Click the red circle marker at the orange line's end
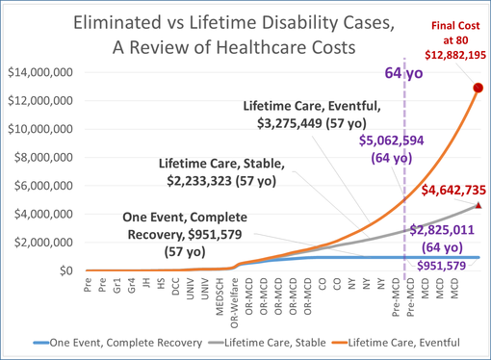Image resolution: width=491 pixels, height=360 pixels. pyautogui.click(x=478, y=88)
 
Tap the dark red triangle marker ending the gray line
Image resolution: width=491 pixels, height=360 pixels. pyautogui.click(x=478, y=205)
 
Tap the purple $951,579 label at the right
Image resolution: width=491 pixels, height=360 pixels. pyautogui.click(x=444, y=264)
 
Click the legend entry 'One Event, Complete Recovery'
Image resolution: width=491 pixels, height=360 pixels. pyautogui.click(x=136, y=340)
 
